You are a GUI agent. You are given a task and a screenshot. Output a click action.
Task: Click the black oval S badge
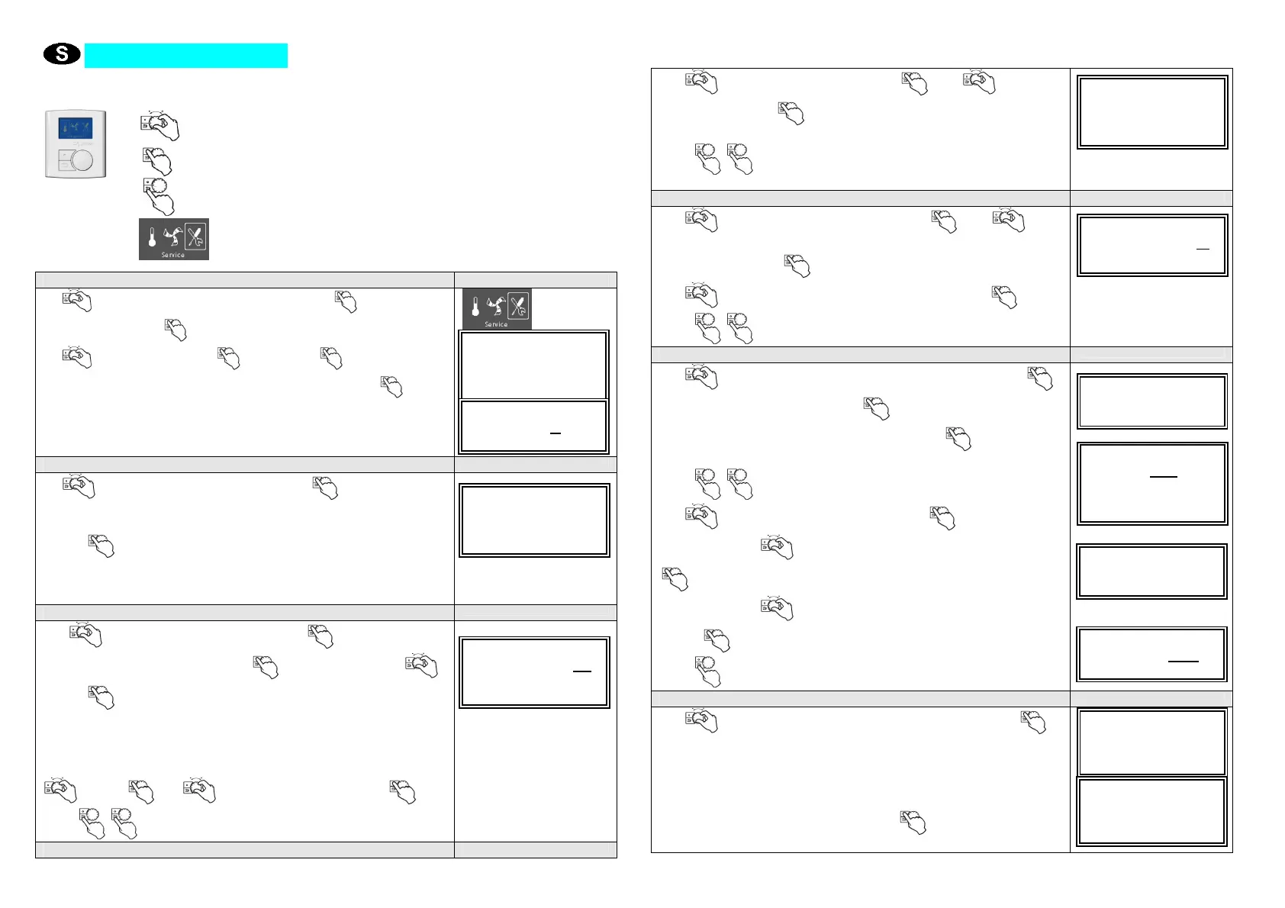coord(62,54)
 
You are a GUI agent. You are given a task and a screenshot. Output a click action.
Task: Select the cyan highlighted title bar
coord(185,56)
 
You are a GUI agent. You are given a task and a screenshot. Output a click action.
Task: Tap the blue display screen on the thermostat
coord(75,127)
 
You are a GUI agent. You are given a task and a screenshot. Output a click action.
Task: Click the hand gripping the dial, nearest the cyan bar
coord(159,125)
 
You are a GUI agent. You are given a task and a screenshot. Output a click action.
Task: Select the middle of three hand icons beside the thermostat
coord(157,161)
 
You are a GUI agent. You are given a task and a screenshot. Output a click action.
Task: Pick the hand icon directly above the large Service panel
coord(158,196)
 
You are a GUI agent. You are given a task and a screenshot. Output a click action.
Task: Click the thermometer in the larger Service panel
coord(152,237)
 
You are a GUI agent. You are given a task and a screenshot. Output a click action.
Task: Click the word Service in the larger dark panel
coord(173,255)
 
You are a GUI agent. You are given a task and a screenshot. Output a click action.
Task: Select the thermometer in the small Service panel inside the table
coord(475,307)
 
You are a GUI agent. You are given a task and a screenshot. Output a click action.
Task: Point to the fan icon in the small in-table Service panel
coord(496,307)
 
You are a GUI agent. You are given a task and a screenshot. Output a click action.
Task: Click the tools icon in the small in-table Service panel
coord(518,306)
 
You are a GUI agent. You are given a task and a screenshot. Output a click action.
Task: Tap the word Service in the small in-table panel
coord(496,324)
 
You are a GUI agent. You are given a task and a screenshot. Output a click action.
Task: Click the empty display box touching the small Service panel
coord(533,365)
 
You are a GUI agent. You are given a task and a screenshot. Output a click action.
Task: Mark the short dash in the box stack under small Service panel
coord(556,433)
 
